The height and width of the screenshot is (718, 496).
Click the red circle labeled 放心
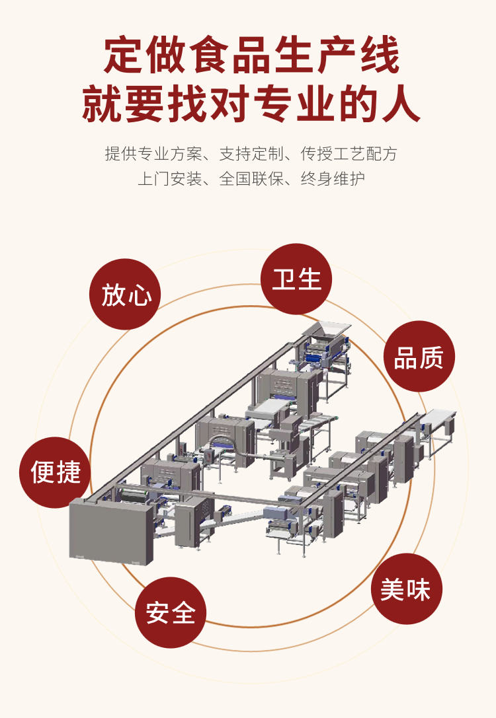[x=125, y=294]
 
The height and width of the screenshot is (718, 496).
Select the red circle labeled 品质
[x=419, y=357]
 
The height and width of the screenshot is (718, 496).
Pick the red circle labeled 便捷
[x=55, y=472]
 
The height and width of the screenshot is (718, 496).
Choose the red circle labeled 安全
[x=171, y=612]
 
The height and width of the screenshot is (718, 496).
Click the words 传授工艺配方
[x=349, y=154]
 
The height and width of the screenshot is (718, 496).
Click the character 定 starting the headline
[x=124, y=56]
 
